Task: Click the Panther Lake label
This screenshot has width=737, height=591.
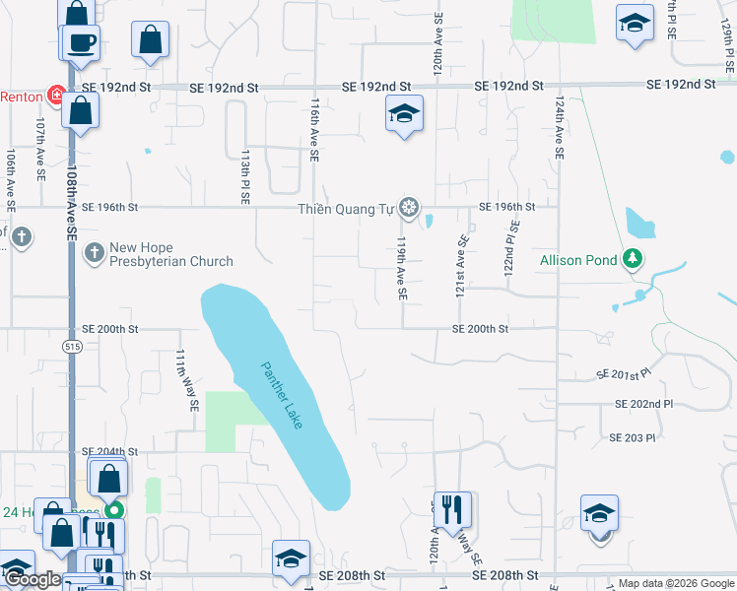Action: [x=282, y=395]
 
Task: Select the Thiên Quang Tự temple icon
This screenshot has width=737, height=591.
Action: [x=411, y=208]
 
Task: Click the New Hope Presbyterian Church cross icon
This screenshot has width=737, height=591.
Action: [x=94, y=254]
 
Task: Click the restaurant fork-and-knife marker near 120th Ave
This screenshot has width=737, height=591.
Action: [x=452, y=510]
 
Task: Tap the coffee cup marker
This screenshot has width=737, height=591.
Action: [x=81, y=43]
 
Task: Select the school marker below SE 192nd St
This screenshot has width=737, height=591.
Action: [x=404, y=114]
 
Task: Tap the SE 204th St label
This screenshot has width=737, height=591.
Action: [x=109, y=451]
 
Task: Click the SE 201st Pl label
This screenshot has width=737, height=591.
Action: [x=625, y=374]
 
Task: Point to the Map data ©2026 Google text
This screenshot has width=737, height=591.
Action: [x=675, y=583]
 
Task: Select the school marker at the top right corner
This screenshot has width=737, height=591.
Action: [x=635, y=22]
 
